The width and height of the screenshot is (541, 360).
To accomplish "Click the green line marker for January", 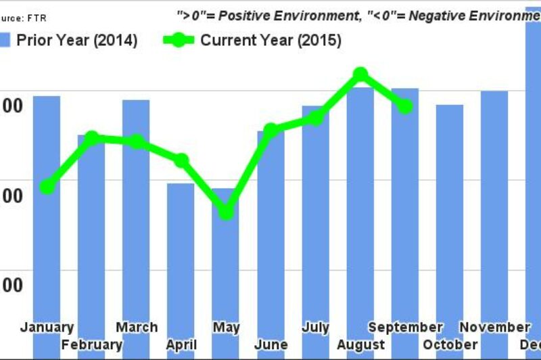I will [47, 186].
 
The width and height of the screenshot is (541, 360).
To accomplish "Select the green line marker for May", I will [226, 212].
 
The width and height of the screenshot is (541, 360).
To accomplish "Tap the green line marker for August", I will [360, 74].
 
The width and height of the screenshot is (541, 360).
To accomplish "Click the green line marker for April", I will [181, 160].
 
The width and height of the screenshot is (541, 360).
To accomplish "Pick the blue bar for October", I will [450, 217].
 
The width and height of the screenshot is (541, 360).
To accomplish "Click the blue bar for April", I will [181, 257].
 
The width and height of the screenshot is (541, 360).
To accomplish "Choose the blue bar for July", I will [316, 217].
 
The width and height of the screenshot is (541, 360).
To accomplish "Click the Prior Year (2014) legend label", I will [76, 41].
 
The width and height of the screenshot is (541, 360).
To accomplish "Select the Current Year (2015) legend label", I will [270, 41].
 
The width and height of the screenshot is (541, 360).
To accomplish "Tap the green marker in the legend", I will [178, 41].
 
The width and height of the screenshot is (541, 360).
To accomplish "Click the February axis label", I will [91, 345].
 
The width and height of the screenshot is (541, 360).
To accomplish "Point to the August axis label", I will [360, 345].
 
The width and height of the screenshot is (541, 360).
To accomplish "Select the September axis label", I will [405, 328].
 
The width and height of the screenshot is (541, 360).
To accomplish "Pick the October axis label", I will [450, 345].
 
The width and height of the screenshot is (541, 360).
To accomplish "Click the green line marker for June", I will [270, 130].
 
